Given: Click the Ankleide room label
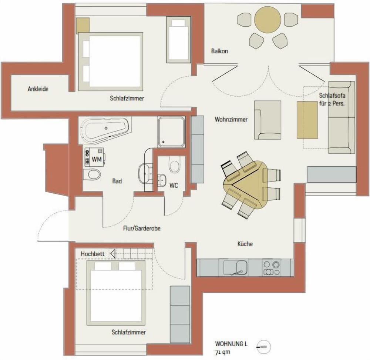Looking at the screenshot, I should pos(38,89).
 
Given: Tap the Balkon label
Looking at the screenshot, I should pos(219,51).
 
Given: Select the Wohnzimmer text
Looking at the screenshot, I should pos(231,120).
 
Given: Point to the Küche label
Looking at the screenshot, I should pos(245,244).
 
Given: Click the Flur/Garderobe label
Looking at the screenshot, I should pos(142,229).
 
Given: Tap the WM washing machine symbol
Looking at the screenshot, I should pos(95,156).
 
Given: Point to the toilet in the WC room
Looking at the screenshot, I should pos(174,165).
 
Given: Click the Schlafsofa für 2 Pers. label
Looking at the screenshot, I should pos(332,100).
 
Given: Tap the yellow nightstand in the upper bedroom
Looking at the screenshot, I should pos(83,25).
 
